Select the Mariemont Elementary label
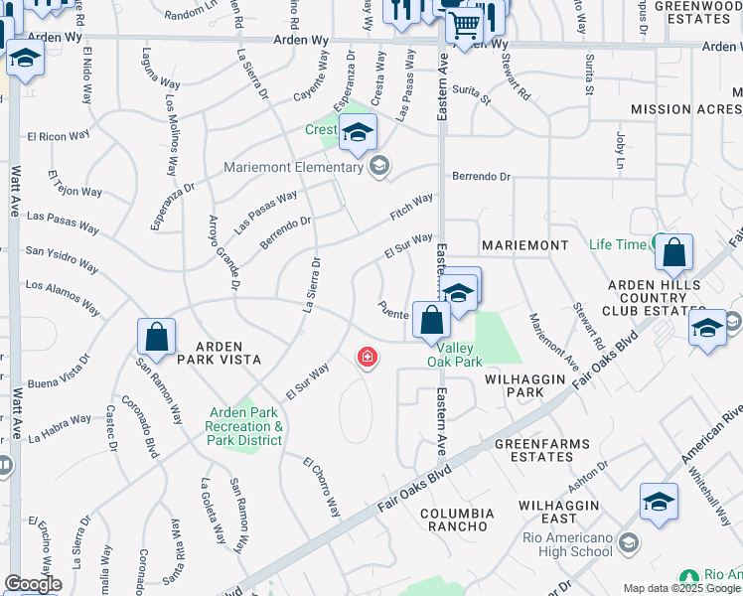point(294,167)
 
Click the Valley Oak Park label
point(455,355)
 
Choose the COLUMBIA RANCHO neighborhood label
point(457,520)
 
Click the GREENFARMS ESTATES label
point(533,450)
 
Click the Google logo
point(33,584)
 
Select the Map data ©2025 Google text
point(680,588)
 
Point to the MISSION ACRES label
point(685,109)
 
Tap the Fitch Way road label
point(411,208)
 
